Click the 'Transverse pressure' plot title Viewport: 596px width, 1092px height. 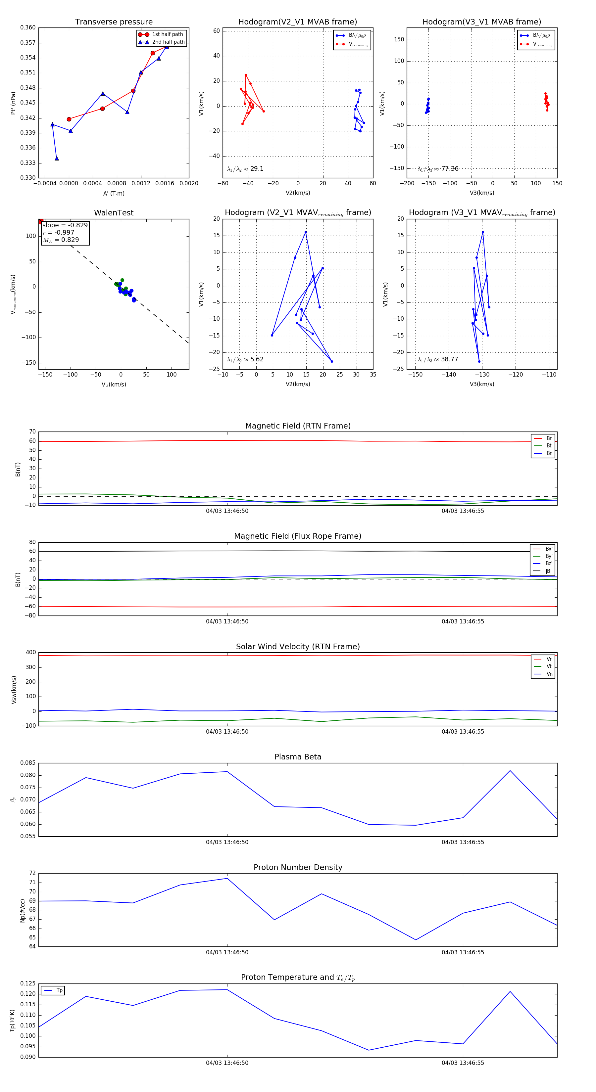(x=114, y=22)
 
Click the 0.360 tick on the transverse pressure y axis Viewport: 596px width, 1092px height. (x=28, y=27)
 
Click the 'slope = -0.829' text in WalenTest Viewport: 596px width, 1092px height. (x=65, y=225)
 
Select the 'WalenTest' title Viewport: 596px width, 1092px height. (x=114, y=213)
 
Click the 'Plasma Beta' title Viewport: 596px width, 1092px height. (x=298, y=757)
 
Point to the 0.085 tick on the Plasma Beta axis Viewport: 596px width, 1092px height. (x=28, y=763)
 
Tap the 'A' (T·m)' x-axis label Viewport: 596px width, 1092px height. (x=114, y=193)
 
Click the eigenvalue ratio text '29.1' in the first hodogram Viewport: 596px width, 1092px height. (x=257, y=169)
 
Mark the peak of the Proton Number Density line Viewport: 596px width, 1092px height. (x=227, y=878)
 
